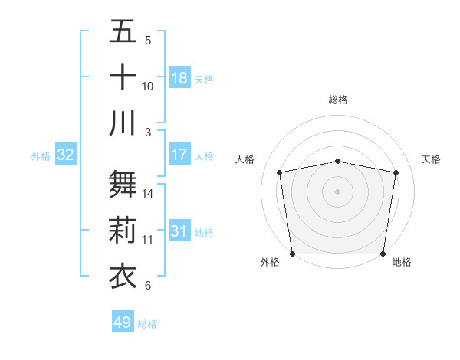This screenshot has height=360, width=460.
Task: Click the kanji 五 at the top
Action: (123, 32)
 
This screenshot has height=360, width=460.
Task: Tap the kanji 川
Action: (123, 122)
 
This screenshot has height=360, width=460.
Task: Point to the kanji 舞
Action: (123, 184)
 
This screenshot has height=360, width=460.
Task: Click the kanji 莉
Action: (123, 230)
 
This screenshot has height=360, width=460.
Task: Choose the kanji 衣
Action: (123, 274)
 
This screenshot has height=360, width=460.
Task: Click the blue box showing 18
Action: (179, 78)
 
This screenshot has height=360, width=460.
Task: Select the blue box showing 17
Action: (179, 155)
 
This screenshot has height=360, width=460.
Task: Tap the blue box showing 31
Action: (179, 231)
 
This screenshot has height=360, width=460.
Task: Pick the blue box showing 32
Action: (66, 155)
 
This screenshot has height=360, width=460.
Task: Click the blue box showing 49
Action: (122, 323)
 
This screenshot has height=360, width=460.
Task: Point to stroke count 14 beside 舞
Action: (148, 193)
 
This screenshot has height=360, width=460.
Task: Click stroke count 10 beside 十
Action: (148, 86)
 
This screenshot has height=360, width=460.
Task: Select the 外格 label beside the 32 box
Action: (41, 156)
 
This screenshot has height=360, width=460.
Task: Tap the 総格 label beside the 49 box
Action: (147, 324)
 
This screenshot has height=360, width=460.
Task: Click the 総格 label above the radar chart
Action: (337, 100)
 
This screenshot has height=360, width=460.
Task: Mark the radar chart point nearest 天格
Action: (396, 172)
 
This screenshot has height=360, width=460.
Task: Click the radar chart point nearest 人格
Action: (280, 172)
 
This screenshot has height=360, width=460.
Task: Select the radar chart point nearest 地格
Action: (383, 254)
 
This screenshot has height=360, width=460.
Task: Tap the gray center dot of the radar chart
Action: (337, 191)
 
